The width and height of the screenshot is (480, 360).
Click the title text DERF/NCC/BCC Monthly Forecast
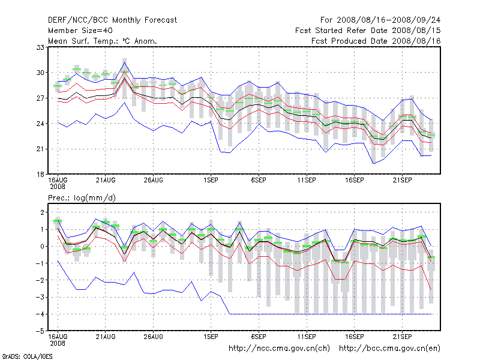(x=112, y=20)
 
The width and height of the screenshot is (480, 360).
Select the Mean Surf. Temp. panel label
(x=103, y=41)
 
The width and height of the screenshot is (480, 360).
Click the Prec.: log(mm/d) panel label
(x=82, y=197)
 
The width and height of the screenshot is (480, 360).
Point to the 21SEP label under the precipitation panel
(x=402, y=336)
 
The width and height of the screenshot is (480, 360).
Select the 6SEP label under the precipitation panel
(x=259, y=336)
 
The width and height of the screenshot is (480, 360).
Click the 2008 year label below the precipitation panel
(x=58, y=343)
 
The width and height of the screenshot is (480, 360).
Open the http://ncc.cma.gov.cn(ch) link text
(x=280, y=348)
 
